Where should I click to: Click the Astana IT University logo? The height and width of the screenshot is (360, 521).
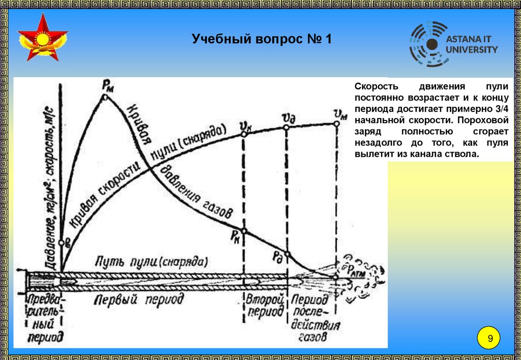pyautogui.click(x=453, y=45)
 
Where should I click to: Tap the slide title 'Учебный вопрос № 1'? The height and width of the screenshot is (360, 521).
pyautogui.click(x=262, y=39)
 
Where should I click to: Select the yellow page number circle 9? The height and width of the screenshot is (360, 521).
pyautogui.click(x=490, y=339)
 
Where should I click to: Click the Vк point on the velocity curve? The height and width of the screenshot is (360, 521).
pyautogui.click(x=244, y=134)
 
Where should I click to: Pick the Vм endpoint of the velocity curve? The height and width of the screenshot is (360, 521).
pyautogui.click(x=336, y=124)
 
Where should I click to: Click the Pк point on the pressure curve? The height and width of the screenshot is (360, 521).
pyautogui.click(x=244, y=231)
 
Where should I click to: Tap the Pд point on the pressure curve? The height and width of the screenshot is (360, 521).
pyautogui.click(x=287, y=254)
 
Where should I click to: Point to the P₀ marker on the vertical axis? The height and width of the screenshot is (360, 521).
pyautogui.click(x=62, y=243)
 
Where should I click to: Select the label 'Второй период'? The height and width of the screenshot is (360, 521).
pyautogui.click(x=265, y=305)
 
